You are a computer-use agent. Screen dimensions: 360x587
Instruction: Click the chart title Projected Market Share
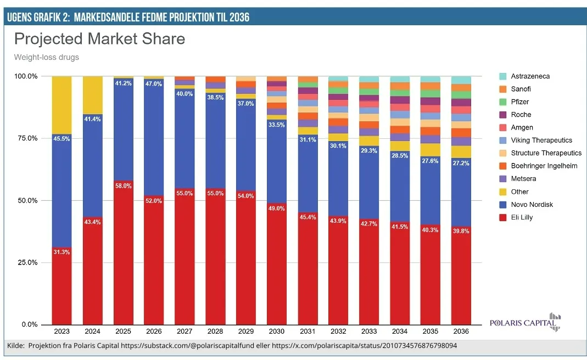pyautogui.click(x=99, y=40)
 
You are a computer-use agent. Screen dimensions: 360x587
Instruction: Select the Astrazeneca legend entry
pyautogui.click(x=530, y=76)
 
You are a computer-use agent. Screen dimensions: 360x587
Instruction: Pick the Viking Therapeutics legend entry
pyautogui.click(x=541, y=140)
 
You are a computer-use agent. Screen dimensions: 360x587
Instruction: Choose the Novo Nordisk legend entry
pyautogui.click(x=532, y=205)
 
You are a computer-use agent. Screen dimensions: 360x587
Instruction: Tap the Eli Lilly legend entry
pyautogui.click(x=522, y=217)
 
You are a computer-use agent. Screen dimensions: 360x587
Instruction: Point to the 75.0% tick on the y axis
pyautogui.click(x=26, y=138)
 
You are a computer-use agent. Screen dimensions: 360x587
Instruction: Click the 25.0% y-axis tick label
pyautogui.click(x=26, y=262)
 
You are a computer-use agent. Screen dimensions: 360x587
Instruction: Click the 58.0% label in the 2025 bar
pyautogui.click(x=123, y=186)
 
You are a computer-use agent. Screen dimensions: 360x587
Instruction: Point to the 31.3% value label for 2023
pyautogui.click(x=62, y=252)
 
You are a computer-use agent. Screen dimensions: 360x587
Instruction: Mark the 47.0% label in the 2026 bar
pyautogui.click(x=154, y=84)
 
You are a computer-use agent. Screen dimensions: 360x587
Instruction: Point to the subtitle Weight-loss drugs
pyautogui.click(x=46, y=57)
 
